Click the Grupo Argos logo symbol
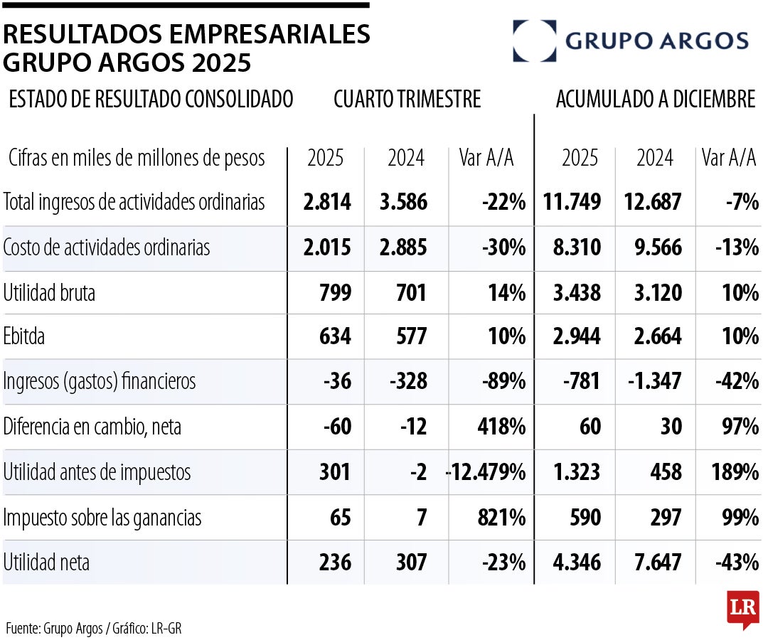534,41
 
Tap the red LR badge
742,609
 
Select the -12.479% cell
486,472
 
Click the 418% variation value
501,427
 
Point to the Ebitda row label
24,336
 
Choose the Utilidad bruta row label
49,292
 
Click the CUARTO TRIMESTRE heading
407,100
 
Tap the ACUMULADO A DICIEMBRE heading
655,100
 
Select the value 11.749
572,203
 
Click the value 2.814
327,203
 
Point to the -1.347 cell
654,382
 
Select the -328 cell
408,382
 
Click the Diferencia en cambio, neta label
92,427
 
